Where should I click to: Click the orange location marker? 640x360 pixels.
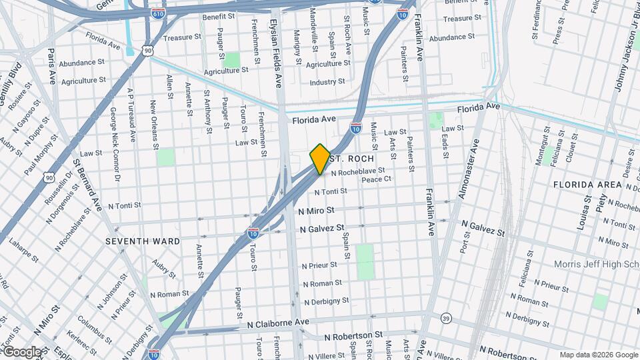tap(320, 159)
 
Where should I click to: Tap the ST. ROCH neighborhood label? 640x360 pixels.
tap(347, 159)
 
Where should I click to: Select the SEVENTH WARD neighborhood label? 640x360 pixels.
tap(142, 240)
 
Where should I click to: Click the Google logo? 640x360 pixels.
tap(21, 352)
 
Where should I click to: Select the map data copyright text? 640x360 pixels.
tap(598, 355)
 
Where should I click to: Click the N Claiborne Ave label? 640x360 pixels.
tap(278, 323)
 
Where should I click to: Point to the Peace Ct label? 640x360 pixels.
tap(376, 180)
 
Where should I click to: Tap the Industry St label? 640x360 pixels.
tap(327, 82)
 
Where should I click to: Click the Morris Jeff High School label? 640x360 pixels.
tap(597, 265)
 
